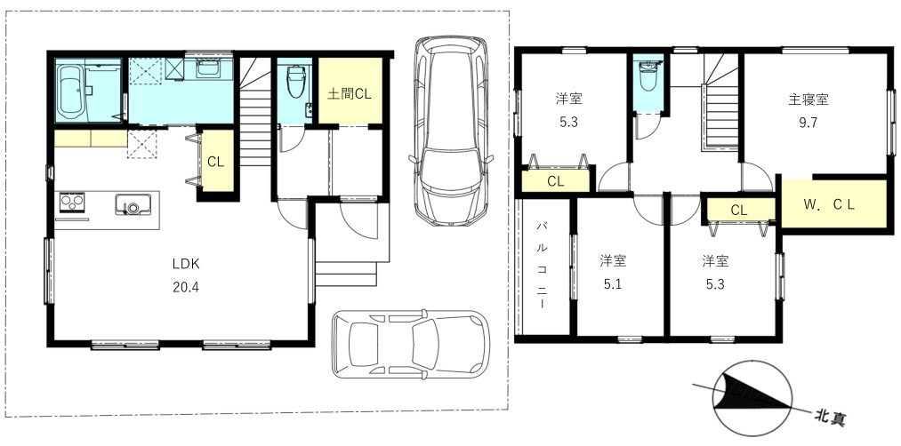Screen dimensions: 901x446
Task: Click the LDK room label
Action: (x=186, y=264)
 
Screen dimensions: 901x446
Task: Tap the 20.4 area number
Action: (x=186, y=287)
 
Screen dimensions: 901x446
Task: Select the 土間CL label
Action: (x=350, y=94)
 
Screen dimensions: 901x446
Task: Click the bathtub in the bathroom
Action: (x=72, y=92)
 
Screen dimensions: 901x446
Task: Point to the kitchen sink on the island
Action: (x=133, y=204)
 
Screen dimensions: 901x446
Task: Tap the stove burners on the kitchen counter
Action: (x=72, y=203)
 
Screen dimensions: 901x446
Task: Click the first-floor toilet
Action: (x=296, y=82)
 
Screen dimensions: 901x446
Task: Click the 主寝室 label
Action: (x=808, y=100)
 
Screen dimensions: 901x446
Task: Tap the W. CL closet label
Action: (x=828, y=203)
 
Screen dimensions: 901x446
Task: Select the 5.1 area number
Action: (x=613, y=283)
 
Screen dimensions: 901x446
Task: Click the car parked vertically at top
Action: (x=451, y=131)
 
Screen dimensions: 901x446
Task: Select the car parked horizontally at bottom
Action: (x=410, y=345)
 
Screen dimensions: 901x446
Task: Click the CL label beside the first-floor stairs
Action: (x=215, y=162)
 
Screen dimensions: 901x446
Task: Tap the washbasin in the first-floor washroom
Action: (x=206, y=68)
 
